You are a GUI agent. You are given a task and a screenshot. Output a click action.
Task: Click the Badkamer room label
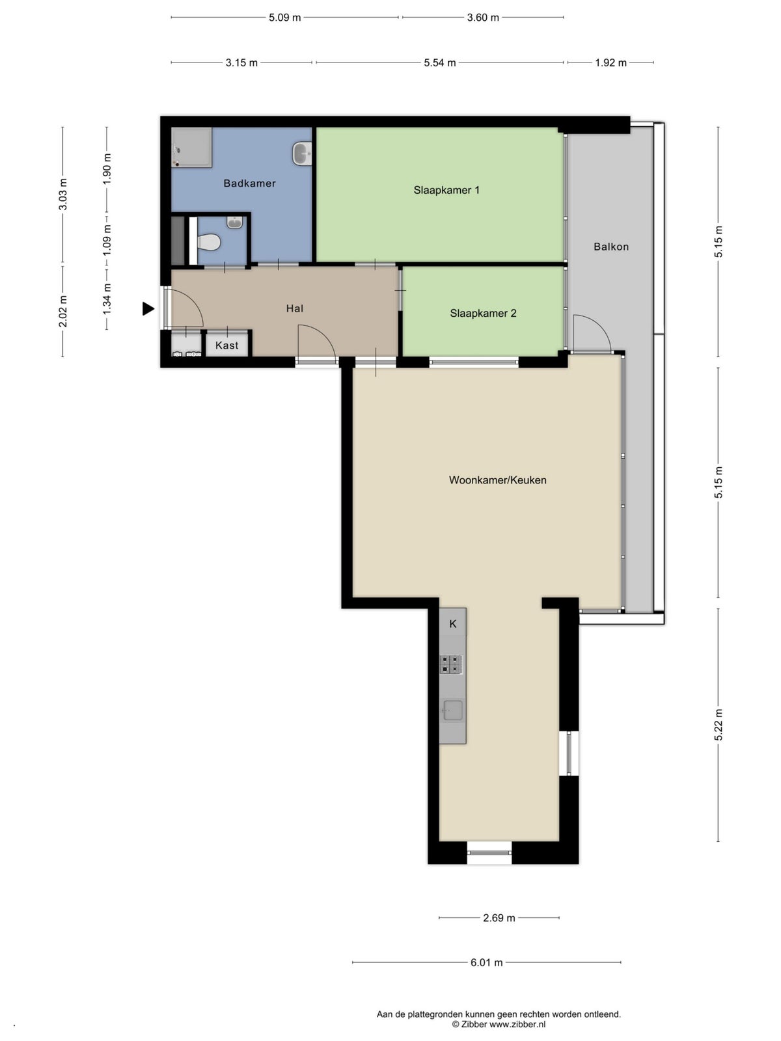[249, 183]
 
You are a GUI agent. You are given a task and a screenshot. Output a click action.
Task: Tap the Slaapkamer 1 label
[446, 190]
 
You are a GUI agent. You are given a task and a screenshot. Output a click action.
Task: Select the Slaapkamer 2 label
[483, 313]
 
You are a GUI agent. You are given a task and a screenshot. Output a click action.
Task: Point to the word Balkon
[610, 247]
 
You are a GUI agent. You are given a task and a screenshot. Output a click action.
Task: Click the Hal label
[294, 308]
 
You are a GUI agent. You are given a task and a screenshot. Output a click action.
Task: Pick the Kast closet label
[226, 345]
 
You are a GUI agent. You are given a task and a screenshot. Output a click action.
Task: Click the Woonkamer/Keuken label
[497, 480]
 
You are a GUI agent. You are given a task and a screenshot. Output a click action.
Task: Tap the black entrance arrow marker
[148, 309]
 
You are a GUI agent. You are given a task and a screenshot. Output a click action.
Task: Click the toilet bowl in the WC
[208, 242]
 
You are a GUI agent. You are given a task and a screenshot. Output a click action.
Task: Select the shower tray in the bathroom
[191, 147]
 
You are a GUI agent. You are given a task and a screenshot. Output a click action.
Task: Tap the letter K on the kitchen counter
[453, 624]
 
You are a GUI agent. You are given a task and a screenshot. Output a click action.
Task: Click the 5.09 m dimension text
[284, 18]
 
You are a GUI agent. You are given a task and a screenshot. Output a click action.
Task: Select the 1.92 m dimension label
[610, 62]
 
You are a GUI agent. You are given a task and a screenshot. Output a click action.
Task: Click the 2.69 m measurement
[499, 917]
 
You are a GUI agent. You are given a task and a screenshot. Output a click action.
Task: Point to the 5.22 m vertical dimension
[719, 724]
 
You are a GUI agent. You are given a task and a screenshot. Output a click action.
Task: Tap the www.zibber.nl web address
[517, 1024]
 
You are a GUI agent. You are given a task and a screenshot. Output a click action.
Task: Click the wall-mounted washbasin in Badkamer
[302, 153]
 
